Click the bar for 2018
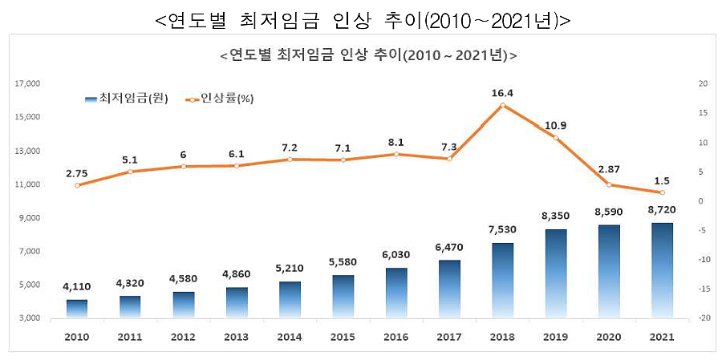pos(503,280)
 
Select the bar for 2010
pos(76,309)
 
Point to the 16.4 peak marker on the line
pos(503,105)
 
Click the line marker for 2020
pos(609,184)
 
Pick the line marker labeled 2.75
pos(76,185)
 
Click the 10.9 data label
pos(555,125)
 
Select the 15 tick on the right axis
pos(703,113)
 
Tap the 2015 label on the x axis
pos(343,338)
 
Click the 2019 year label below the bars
pos(555,338)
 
